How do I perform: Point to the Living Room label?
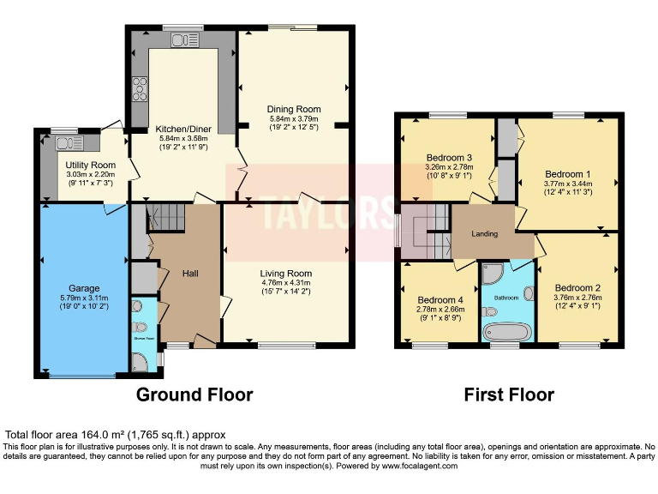point(286,274)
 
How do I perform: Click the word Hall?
point(191,274)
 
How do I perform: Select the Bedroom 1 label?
point(567,172)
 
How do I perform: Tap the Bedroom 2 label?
point(577,287)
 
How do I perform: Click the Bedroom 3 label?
point(450,158)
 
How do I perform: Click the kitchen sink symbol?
point(182,39)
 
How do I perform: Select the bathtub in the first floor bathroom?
point(505,332)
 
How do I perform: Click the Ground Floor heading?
point(195,395)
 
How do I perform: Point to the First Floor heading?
point(509,395)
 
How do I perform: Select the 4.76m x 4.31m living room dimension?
point(286,283)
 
